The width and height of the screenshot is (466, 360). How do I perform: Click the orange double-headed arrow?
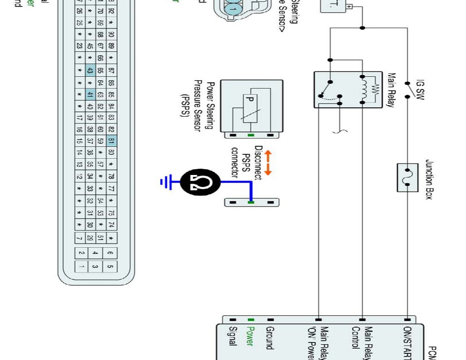[x=267, y=163]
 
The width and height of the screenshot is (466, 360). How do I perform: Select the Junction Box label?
[x=429, y=179]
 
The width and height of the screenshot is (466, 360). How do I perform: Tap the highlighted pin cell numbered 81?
[x=111, y=141]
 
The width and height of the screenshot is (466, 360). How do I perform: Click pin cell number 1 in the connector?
[x=82, y=266]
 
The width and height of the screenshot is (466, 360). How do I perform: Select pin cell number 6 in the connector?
[x=110, y=253]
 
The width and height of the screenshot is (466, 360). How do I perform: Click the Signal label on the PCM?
[x=233, y=336]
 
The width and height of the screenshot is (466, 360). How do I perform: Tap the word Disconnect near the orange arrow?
[x=258, y=163]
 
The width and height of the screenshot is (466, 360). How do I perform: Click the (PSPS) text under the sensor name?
[x=184, y=106]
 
